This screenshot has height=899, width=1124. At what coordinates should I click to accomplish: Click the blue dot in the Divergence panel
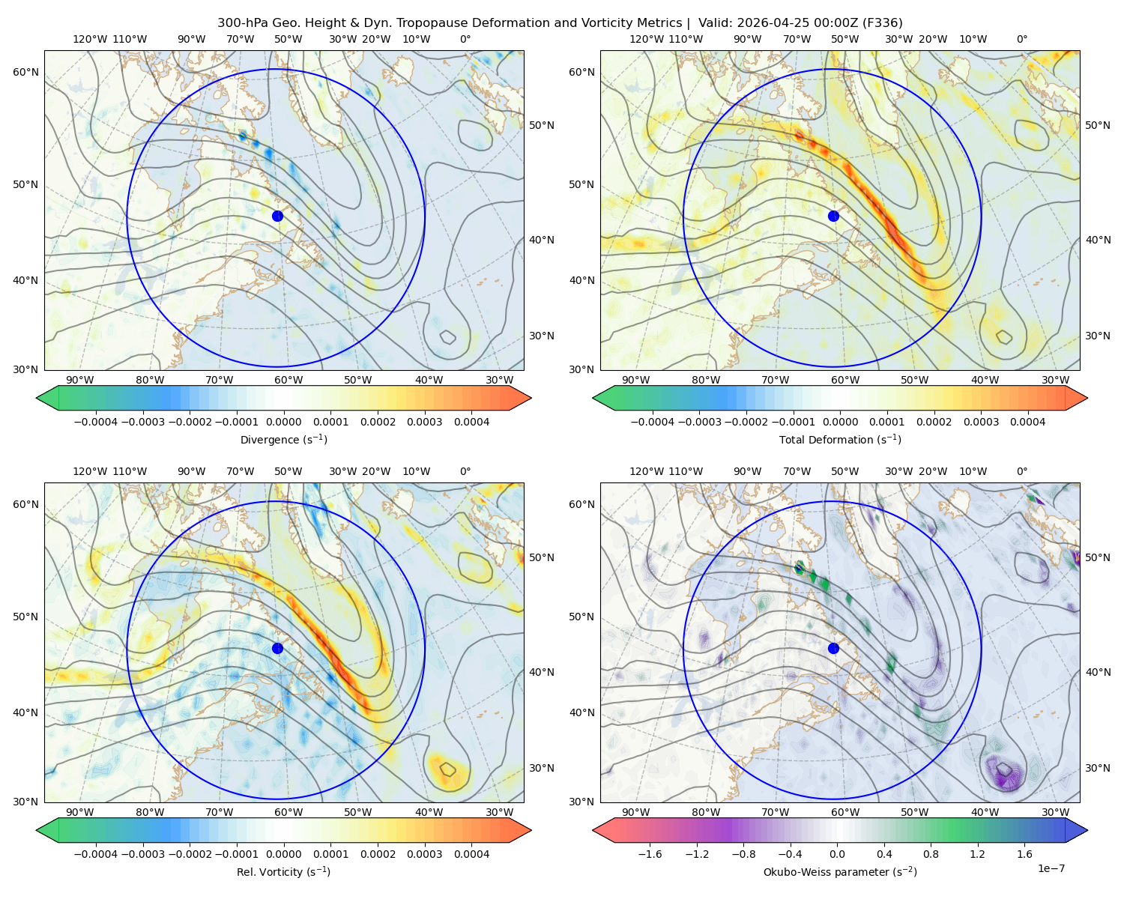coord(277,216)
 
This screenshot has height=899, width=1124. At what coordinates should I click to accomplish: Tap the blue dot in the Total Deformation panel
coord(833,216)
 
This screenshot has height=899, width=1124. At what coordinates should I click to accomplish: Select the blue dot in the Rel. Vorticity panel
coord(277,648)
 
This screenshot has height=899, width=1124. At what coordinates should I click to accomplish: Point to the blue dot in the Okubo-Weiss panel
coord(833,648)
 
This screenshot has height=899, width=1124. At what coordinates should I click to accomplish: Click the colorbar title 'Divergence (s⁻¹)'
coord(283,439)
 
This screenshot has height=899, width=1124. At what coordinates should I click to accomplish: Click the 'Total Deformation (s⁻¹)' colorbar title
coord(840,439)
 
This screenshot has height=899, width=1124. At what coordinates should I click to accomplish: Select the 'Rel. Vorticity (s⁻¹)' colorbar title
coord(283,871)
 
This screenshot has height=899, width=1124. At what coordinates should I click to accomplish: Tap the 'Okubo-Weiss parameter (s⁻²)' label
coord(840,871)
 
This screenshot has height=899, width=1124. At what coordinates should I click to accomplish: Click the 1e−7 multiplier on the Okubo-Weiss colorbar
coord(1051,868)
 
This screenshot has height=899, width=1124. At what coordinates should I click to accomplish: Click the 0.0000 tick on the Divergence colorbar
coord(283,422)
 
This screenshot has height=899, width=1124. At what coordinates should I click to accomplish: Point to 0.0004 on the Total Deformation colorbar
coord(1027,422)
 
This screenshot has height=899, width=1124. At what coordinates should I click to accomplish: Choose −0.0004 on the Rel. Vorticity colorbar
coord(96,854)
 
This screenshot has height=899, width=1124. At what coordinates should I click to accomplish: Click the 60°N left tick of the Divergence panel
coord(25,72)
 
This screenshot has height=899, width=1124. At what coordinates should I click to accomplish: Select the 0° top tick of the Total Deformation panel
coord(1021,39)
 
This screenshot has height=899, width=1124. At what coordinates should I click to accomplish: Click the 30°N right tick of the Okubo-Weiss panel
coord(1097,768)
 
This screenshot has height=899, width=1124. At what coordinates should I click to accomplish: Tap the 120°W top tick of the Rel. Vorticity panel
coord(90,471)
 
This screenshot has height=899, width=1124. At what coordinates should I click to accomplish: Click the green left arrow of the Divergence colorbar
coord(47,398)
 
